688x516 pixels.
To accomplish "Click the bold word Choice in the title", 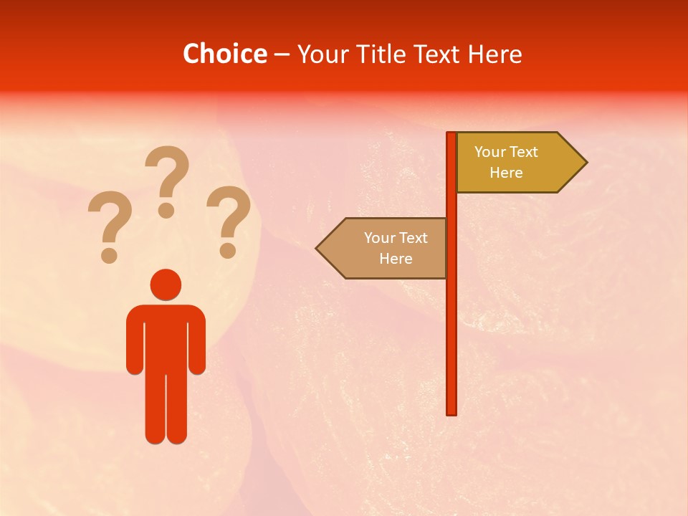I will click(224, 54).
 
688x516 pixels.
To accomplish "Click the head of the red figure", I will click(166, 285).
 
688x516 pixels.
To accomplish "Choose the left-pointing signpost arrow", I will click(383, 248).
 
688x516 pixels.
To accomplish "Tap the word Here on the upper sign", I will click(506, 173).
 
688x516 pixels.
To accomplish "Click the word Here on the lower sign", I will click(396, 259).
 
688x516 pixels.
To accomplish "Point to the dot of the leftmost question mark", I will click(109, 255).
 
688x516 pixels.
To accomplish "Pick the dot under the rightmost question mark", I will click(228, 251).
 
